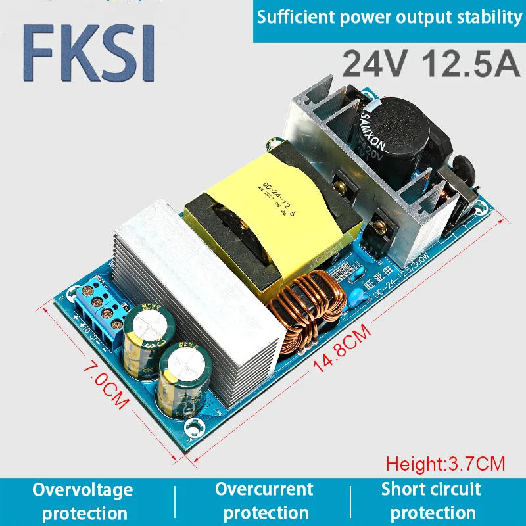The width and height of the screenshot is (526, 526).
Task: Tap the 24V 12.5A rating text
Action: pyautogui.click(x=431, y=63)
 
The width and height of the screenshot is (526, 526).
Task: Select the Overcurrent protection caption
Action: pyautogui.click(x=264, y=501)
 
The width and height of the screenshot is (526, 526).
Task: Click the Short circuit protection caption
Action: pyautogui.click(x=431, y=501)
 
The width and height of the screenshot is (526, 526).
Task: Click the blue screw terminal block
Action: pyautogui.click(x=99, y=309)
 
